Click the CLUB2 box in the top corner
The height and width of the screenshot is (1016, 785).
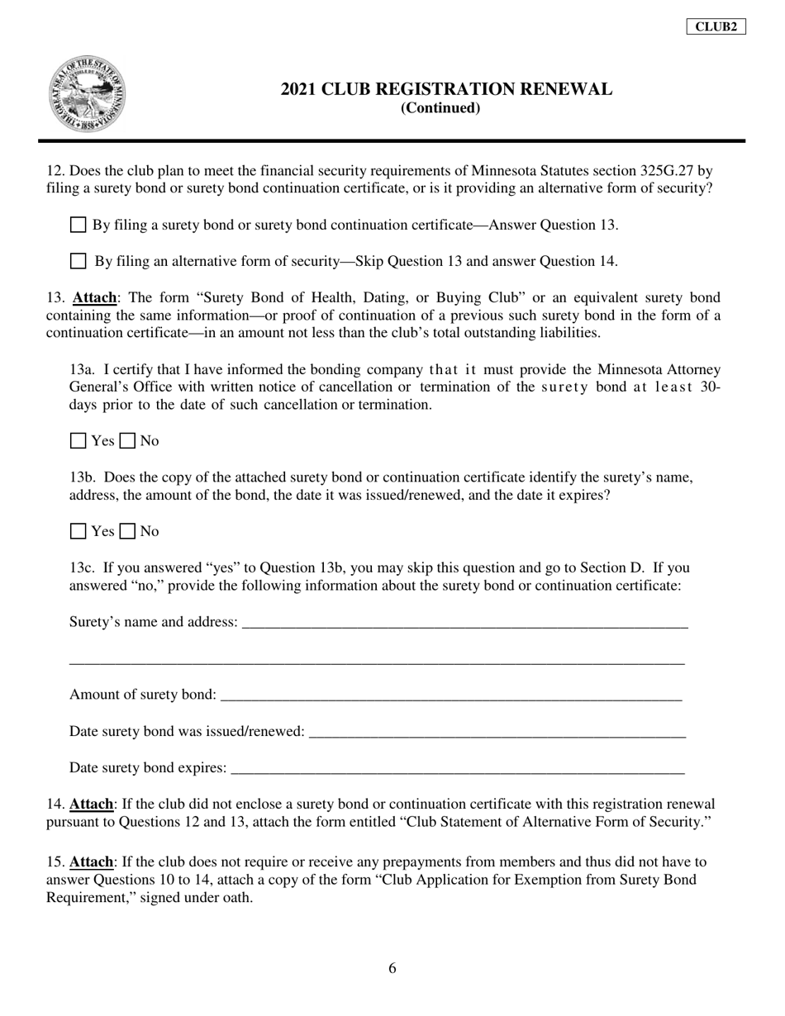click(x=716, y=26)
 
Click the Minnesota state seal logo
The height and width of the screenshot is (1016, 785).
click(x=88, y=95)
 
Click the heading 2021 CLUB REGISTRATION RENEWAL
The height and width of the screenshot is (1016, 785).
click(x=446, y=89)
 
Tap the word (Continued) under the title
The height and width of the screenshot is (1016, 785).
click(x=440, y=108)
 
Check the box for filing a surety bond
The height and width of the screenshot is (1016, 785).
click(x=78, y=225)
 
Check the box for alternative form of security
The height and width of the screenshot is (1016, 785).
click(x=78, y=261)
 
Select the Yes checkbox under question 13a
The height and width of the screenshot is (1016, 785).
click(x=78, y=441)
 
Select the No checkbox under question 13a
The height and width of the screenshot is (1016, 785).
click(x=127, y=441)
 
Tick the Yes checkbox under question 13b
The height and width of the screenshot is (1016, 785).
click(x=78, y=531)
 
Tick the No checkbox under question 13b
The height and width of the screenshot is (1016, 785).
click(x=127, y=531)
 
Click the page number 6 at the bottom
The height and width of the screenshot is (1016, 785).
click(x=392, y=969)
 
